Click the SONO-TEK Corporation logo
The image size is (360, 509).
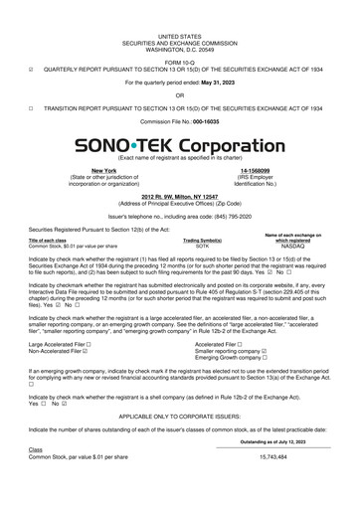click(179, 145)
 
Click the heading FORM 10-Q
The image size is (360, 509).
click(179, 43)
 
